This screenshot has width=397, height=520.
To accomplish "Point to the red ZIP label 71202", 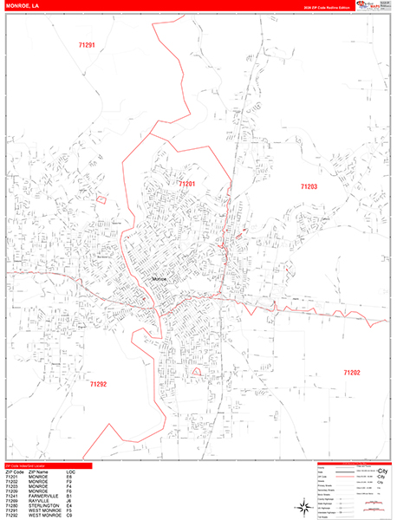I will [351, 373].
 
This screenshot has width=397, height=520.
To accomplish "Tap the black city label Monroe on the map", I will [161, 279].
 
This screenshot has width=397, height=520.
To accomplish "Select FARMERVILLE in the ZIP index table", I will [40, 493].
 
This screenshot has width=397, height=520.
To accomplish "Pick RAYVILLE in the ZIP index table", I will [36, 498].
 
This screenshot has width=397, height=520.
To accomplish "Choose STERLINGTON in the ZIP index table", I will [41, 504].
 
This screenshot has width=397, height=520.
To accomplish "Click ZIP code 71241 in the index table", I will [12, 493].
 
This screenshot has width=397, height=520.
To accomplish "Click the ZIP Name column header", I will [38, 472].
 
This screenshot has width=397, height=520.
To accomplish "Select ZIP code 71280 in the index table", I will [12, 504].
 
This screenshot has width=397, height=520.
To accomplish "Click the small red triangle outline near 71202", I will [196, 371].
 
